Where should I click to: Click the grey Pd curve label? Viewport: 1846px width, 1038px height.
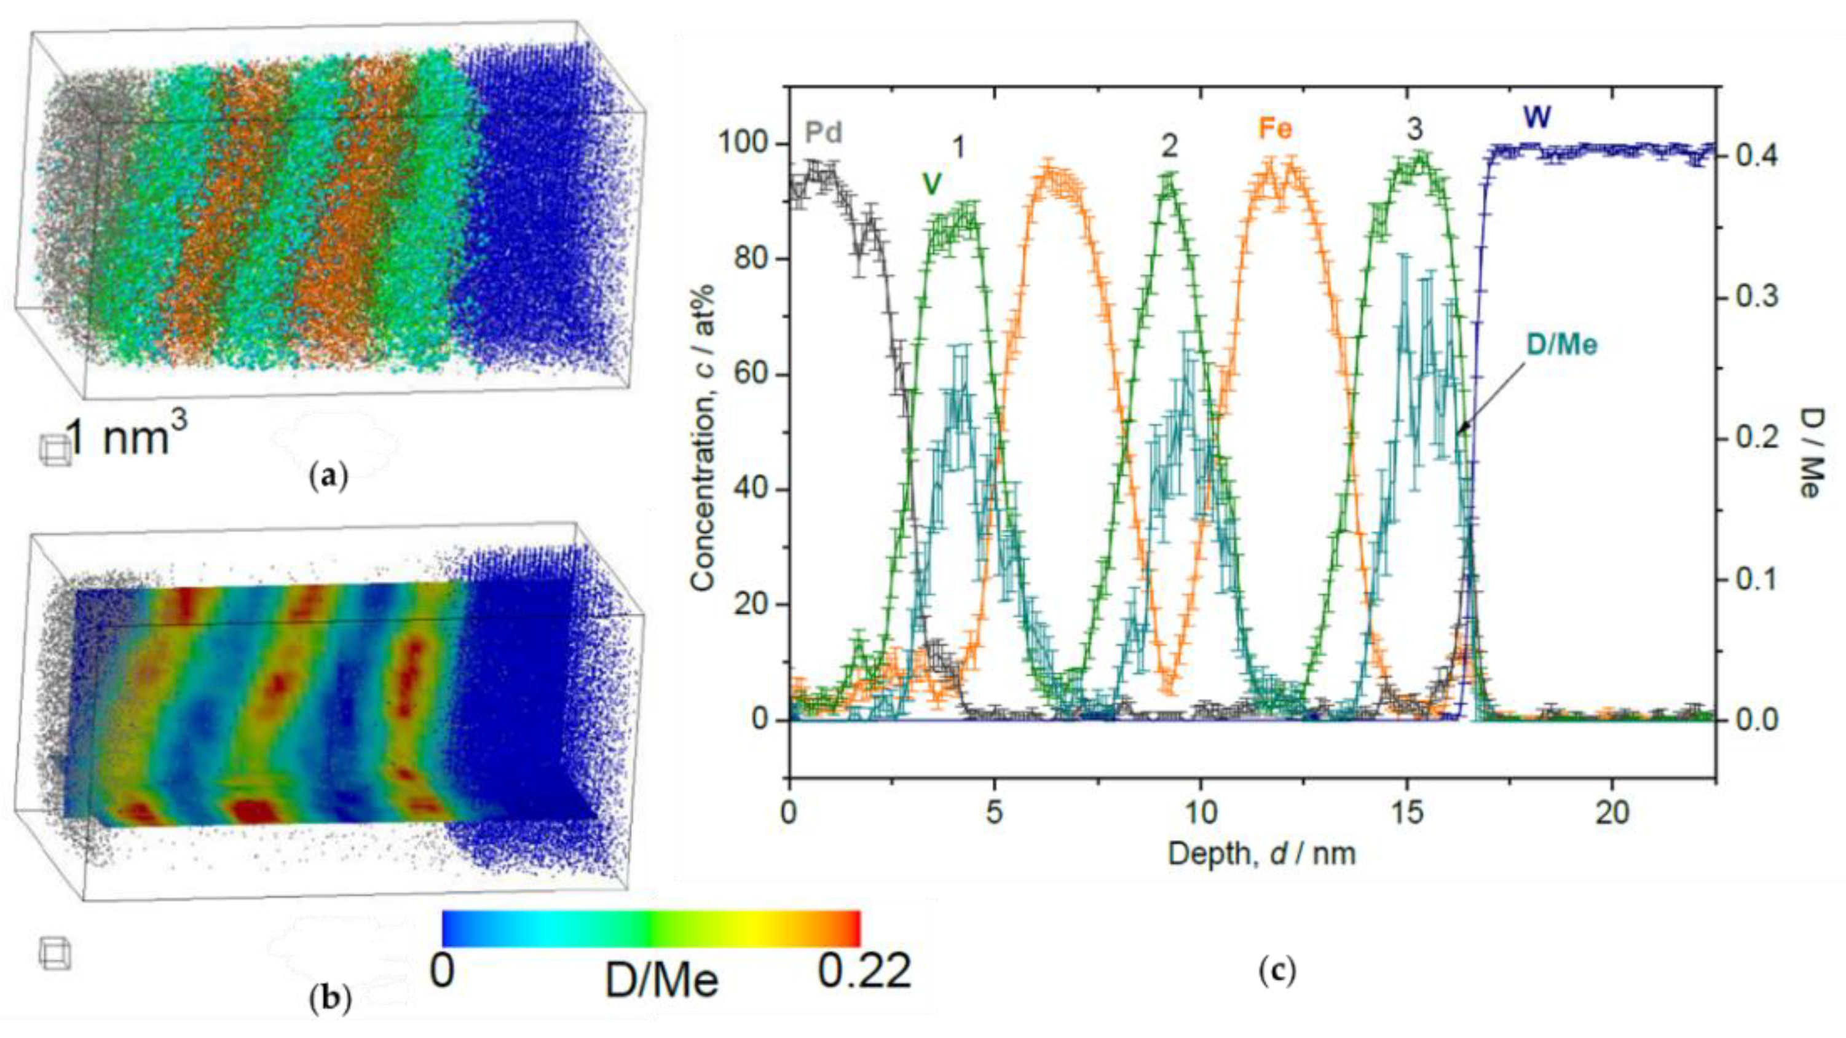(822, 134)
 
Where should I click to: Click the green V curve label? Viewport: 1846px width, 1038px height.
(931, 185)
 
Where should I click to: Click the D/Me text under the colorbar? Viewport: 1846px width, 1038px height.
(661, 981)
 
